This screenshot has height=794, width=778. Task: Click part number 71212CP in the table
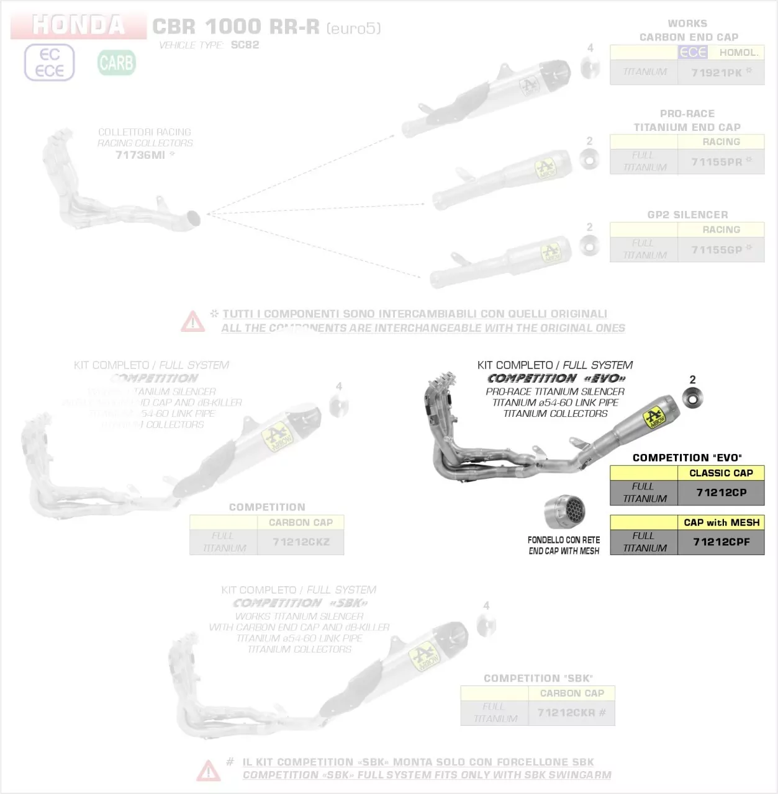click(x=721, y=493)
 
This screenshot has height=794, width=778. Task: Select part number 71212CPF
click(x=721, y=542)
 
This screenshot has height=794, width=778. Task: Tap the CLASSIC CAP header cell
click(x=721, y=473)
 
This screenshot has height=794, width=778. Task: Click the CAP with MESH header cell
click(x=721, y=522)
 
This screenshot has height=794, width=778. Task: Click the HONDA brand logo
click(x=79, y=25)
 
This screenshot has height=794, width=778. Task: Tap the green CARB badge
click(x=116, y=63)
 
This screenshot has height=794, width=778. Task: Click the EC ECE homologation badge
click(x=50, y=63)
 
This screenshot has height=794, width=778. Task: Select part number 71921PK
click(x=717, y=73)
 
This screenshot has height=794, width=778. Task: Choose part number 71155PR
click(x=717, y=162)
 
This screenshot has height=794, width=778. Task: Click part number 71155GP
click(x=717, y=250)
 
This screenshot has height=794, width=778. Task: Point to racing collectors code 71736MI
click(x=140, y=155)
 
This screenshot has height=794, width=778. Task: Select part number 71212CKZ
click(x=301, y=542)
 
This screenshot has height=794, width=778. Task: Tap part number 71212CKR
click(x=566, y=713)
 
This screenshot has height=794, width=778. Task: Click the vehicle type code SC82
click(x=245, y=45)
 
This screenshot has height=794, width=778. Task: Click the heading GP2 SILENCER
click(x=687, y=215)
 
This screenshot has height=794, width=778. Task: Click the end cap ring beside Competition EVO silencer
click(x=692, y=398)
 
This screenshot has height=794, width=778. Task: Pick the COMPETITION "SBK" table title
click(x=538, y=678)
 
